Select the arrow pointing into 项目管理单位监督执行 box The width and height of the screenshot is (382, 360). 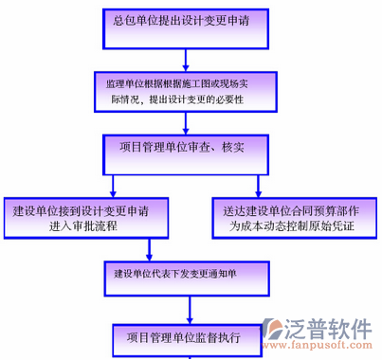click(190, 311)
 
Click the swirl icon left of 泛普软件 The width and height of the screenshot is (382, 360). click(278, 333)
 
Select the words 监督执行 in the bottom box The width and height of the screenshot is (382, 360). click(218, 334)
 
